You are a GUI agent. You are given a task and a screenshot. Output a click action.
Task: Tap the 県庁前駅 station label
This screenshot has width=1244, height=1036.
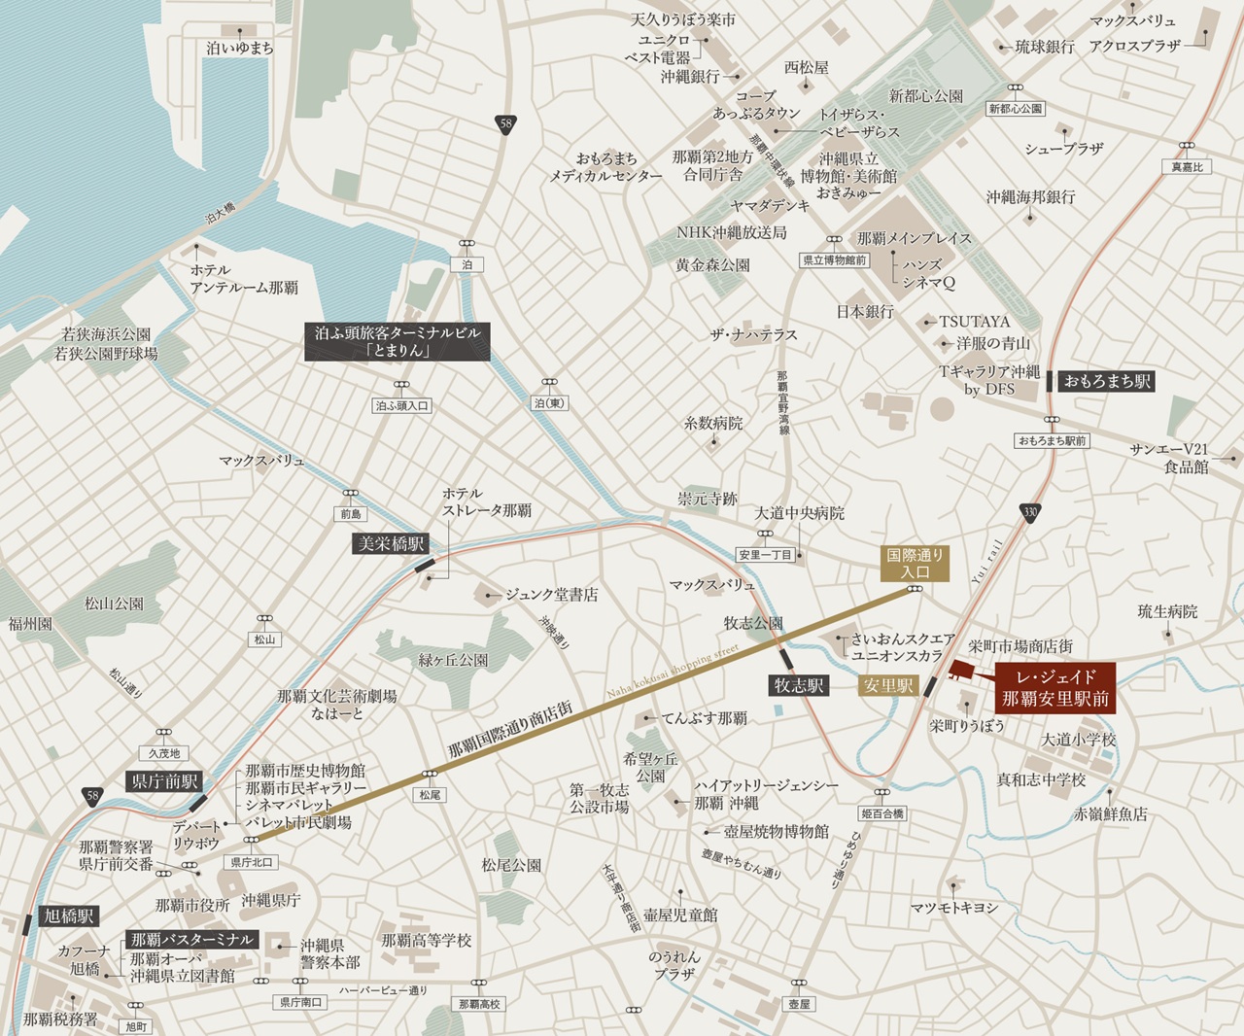[164, 780]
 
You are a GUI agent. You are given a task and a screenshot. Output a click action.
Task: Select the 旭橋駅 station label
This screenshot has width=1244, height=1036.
[68, 916]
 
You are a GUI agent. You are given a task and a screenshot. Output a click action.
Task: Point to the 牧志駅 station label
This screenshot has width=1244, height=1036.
[799, 686]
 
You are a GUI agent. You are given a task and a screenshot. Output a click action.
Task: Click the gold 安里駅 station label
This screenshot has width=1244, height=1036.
[888, 686]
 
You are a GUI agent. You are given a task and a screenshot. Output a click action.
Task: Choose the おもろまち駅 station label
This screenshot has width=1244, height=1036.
[1107, 381]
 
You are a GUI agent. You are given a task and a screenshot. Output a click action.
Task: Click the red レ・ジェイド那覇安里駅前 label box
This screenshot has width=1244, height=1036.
[1055, 687]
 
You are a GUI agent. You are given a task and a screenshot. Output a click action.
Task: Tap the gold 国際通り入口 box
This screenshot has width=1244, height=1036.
[915, 564]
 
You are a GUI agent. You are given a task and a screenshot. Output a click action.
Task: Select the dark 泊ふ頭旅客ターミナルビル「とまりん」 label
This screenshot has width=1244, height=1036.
[397, 341]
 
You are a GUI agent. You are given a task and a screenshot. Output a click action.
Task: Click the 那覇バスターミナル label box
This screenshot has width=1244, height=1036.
[191, 939]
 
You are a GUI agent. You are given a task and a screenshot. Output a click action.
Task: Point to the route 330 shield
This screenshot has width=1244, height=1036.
[1030, 511]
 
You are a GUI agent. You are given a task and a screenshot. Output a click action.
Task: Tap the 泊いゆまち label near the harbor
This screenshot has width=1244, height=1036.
[240, 48]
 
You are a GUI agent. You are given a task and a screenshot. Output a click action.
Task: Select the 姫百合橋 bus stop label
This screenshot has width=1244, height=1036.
[882, 813]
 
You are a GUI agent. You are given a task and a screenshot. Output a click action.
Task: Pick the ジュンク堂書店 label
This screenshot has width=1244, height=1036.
[551, 594]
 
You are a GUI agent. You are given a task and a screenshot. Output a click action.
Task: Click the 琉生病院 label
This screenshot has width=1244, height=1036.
[1167, 611]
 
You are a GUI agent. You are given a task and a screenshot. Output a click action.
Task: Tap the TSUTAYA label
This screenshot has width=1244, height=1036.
[974, 321]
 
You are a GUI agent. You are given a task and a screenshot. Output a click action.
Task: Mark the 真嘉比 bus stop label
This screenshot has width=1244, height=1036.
[1187, 167]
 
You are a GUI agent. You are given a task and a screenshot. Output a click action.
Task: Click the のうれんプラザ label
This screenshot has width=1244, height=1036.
[674, 965]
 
